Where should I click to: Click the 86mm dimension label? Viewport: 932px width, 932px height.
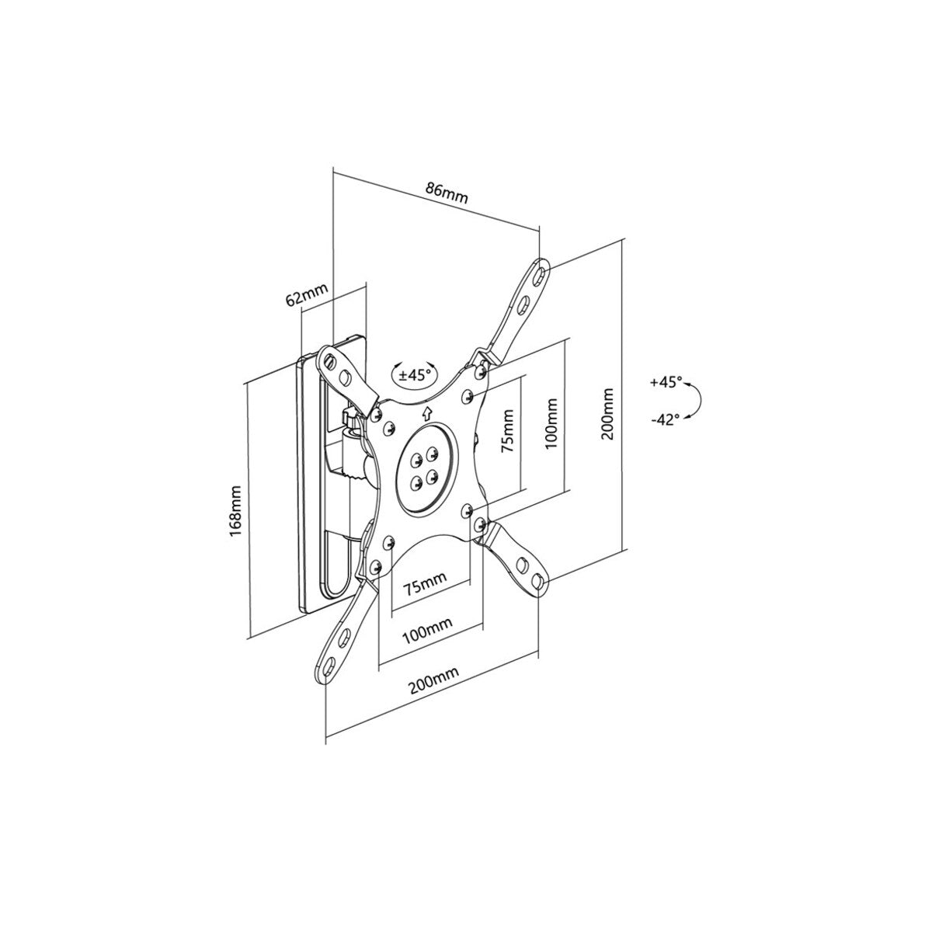[447, 192]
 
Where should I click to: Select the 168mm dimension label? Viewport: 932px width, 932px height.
[235, 510]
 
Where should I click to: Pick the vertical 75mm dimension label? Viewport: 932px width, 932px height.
[508, 430]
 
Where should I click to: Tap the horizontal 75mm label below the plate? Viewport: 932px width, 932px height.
[425, 582]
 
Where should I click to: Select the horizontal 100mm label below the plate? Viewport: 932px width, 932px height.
[427, 630]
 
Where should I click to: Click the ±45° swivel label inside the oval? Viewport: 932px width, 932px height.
[415, 375]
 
